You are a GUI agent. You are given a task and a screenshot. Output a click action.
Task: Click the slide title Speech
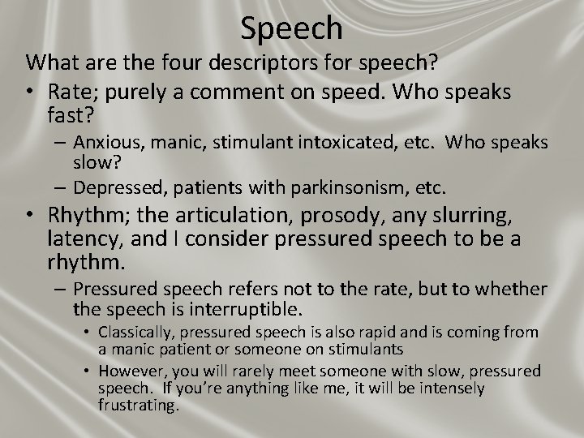point(292,28)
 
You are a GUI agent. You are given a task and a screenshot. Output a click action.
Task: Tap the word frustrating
point(139,404)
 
